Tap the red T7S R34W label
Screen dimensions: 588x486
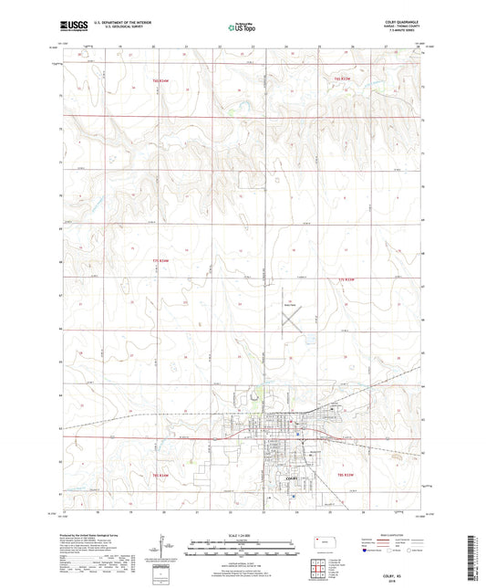(x=161, y=261)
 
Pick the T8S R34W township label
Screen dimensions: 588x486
(x=161, y=475)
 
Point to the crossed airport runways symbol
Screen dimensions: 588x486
(x=293, y=320)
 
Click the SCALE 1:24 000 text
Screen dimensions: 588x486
(x=243, y=533)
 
